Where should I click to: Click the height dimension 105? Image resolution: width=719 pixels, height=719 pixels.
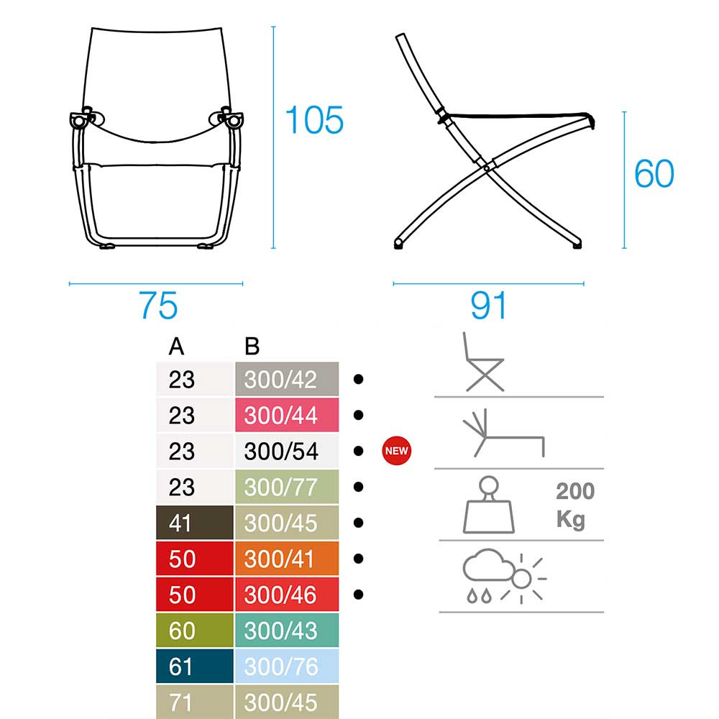pyautogui.click(x=314, y=120)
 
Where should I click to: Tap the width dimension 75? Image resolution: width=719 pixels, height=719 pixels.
pyautogui.click(x=157, y=306)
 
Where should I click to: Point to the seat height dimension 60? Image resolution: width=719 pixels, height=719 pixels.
pyautogui.click(x=654, y=174)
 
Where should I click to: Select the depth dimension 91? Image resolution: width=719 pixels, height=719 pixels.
pyautogui.click(x=488, y=306)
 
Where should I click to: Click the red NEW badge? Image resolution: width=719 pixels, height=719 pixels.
pyautogui.click(x=397, y=451)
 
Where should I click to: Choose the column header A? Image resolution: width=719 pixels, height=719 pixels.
pyautogui.click(x=177, y=347)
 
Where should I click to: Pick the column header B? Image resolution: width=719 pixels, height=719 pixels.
pyautogui.click(x=252, y=347)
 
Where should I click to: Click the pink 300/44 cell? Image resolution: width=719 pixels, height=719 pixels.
pyautogui.click(x=287, y=415)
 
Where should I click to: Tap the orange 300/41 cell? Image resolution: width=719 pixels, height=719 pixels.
pyautogui.click(x=287, y=559)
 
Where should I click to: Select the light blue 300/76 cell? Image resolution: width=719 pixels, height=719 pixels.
pyautogui.click(x=287, y=667)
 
